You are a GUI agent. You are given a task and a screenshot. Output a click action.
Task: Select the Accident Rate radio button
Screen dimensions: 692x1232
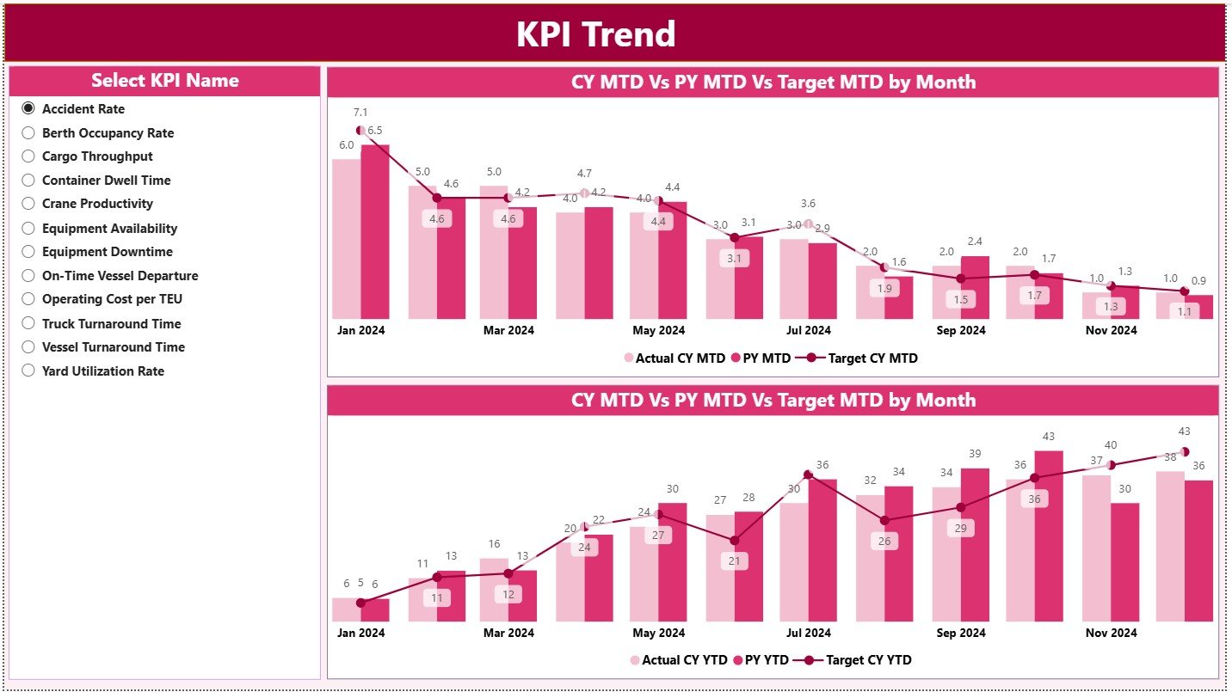coord(28,108)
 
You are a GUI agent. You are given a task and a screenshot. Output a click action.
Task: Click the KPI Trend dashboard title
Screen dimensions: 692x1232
coord(595,34)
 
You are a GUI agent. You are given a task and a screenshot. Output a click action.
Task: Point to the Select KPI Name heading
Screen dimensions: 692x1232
coord(164,81)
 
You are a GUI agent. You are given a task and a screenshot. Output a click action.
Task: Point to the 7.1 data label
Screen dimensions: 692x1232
coord(360,113)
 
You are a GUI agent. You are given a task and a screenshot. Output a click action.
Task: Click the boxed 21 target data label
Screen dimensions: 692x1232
coord(733,561)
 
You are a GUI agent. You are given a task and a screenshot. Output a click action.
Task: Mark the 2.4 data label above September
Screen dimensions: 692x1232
coord(975,242)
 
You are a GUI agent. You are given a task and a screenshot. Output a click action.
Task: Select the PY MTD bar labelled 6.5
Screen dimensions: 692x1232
coord(375,232)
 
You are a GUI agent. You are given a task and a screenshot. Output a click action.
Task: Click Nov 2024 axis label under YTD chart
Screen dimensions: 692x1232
coord(1111,633)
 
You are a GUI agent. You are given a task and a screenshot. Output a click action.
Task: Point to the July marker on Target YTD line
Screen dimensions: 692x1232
coord(808,475)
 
